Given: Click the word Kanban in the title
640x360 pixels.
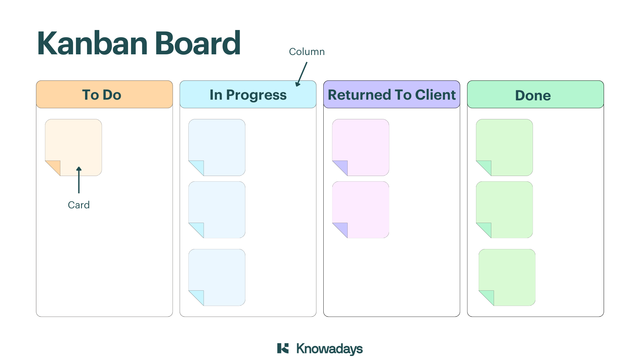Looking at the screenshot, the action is point(92,43).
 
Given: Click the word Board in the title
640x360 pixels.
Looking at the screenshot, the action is point(198,43).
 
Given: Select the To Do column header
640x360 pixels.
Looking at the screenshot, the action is point(104,94).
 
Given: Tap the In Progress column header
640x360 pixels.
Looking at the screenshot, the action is point(248,94).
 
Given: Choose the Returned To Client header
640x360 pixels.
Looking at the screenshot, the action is point(392,94).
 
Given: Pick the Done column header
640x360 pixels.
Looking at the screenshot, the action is point(535,94).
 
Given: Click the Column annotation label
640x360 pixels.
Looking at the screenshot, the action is point(307,52).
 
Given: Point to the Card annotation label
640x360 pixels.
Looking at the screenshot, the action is point(79,205).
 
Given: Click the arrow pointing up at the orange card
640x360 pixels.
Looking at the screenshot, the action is point(79,180).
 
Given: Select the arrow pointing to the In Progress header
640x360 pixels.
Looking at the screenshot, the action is point(301,74).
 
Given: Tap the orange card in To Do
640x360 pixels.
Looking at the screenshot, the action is point(73,147).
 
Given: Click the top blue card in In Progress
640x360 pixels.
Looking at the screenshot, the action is point(217,147).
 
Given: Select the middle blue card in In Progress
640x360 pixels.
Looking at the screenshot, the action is point(217,210).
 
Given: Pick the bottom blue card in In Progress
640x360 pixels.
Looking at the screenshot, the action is point(217,277).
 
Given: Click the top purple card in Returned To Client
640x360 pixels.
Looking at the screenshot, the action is point(361,147).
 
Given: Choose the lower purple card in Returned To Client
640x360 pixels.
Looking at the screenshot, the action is point(361,210).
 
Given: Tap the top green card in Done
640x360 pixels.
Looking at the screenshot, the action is point(504,147).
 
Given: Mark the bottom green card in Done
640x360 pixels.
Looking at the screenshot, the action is point(507,277).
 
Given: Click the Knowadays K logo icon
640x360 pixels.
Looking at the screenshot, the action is point(283,348).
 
